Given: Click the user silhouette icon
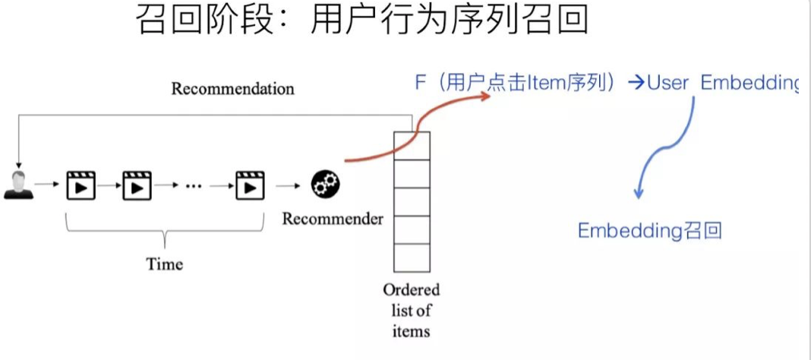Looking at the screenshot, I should click(19, 185).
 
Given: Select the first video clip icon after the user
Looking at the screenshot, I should click(81, 185).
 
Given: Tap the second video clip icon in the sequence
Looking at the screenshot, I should click(137, 185).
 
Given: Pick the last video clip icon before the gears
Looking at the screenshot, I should click(249, 185).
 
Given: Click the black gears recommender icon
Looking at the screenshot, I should click(326, 184).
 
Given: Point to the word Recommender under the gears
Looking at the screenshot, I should click(333, 219).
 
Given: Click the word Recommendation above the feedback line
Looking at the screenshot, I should click(232, 89).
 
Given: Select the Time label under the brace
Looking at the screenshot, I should click(165, 264).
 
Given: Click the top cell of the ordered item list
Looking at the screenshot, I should click(412, 144).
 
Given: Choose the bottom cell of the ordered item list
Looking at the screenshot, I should click(412, 257).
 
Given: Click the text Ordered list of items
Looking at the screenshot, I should click(411, 311).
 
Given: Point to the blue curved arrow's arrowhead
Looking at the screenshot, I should click(639, 197).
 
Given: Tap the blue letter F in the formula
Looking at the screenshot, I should click(420, 83).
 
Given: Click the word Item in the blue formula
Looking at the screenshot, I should click(546, 83).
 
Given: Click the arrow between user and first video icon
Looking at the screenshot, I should click(47, 185).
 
